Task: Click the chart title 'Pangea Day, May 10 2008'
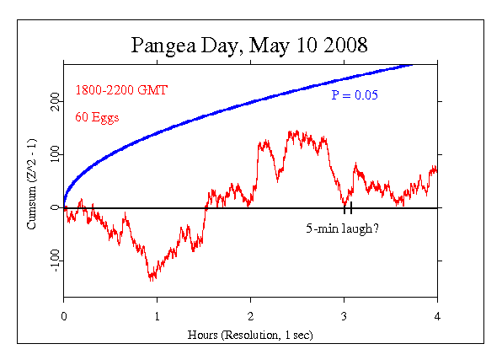[x=249, y=46]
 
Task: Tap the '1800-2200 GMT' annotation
[x=121, y=90]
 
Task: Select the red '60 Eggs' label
[x=97, y=117]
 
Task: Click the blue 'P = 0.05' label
[x=355, y=95]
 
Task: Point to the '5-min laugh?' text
[x=342, y=228]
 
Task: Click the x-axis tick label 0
[x=64, y=316]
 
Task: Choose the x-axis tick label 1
[x=157, y=316]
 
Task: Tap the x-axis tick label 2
[x=250, y=316]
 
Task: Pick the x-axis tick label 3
[x=344, y=316]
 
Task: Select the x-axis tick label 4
[x=437, y=316]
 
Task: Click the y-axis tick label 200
[x=55, y=101]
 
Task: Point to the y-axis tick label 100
[x=55, y=154]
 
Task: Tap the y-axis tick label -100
[x=55, y=261]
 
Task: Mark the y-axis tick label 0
[x=55, y=207]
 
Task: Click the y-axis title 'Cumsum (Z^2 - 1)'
[x=32, y=184]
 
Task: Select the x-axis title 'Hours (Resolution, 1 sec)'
[x=250, y=335]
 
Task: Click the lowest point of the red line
[x=151, y=281]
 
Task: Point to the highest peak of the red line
[x=297, y=131]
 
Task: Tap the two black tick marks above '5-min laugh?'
[x=348, y=207]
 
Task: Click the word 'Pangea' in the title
[x=163, y=46]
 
